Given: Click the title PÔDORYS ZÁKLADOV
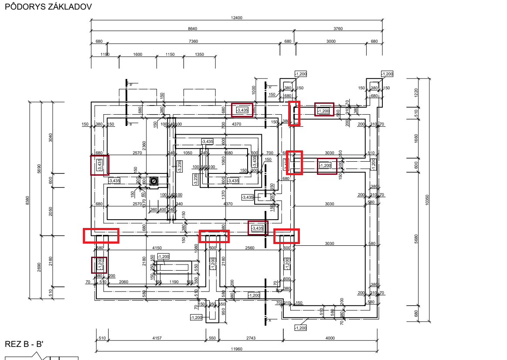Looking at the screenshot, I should pyautogui.click(x=48, y=7).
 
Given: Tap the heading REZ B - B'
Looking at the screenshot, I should pyautogui.click(x=24, y=344).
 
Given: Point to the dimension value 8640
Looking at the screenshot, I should pyautogui.click(x=192, y=29).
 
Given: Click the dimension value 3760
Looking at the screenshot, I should pyautogui.click(x=338, y=29).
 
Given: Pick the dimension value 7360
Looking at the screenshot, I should pyautogui.click(x=193, y=41).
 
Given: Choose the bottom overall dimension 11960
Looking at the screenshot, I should pyautogui.click(x=236, y=349).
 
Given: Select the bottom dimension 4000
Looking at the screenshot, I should pyautogui.click(x=330, y=338).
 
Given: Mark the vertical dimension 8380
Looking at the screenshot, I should pyautogui.click(x=28, y=200).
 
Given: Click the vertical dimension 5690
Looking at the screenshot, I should pyautogui.click(x=39, y=168).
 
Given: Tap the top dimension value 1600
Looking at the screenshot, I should pyautogui.click(x=138, y=54).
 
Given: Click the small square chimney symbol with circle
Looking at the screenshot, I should pyautogui.click(x=153, y=181).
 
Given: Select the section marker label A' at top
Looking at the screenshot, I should pyautogui.click(x=270, y=88).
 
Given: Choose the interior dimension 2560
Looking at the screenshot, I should pyautogui.click(x=249, y=248).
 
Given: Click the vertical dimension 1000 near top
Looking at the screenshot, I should pyautogui.click(x=254, y=89).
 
